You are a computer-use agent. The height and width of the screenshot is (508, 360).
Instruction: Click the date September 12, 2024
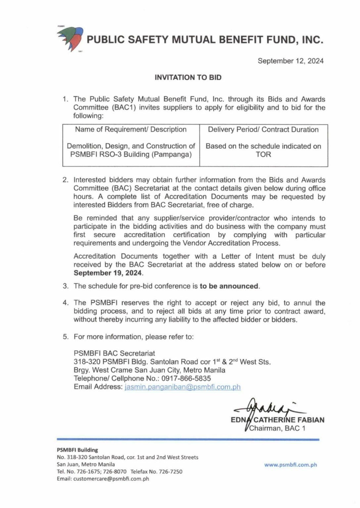[x=291, y=61]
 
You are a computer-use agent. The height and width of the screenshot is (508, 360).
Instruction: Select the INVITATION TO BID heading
[x=188, y=78]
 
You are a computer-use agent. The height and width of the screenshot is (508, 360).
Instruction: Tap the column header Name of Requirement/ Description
[x=131, y=129]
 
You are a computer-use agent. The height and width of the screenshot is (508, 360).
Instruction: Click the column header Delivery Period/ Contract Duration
[x=263, y=129]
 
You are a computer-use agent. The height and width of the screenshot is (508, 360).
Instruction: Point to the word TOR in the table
[x=263, y=154]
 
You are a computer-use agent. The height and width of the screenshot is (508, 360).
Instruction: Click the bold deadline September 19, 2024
[x=108, y=273]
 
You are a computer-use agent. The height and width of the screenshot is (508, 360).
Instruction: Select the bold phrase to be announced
[x=229, y=286]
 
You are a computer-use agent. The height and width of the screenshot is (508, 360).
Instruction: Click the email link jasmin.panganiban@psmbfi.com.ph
[x=183, y=387]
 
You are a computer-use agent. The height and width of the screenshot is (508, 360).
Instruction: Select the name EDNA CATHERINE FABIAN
[x=278, y=420]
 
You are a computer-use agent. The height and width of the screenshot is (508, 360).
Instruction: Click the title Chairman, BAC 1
[x=277, y=429]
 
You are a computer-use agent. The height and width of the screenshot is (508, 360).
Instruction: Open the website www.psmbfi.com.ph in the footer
[x=291, y=465]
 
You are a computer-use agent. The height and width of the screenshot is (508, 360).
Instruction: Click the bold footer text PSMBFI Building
[x=77, y=450]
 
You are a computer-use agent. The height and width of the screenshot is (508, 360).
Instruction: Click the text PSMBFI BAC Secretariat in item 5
[x=114, y=353]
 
